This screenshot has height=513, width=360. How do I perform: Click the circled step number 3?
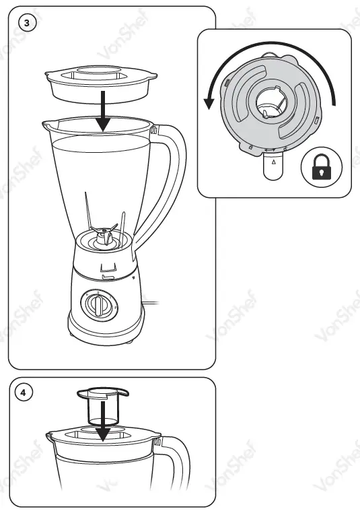point(26,22)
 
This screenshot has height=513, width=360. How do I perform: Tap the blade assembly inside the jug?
point(103,236)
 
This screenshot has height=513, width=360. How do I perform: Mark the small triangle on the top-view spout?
point(273,162)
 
